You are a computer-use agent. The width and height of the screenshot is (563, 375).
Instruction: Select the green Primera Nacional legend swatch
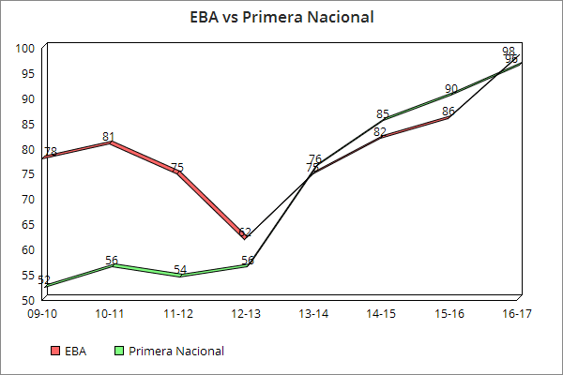tap(118, 352)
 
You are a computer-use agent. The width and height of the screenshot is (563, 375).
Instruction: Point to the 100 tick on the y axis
tap(26, 48)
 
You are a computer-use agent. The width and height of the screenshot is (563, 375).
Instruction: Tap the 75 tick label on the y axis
tap(28, 174)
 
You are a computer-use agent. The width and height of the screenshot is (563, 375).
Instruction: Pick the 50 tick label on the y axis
tap(28, 300)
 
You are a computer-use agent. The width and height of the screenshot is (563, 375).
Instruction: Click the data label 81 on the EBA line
tap(111, 135)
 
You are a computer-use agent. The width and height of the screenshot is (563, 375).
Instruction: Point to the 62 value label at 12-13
tap(245, 232)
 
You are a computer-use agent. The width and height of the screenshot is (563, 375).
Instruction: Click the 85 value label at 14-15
tap(383, 114)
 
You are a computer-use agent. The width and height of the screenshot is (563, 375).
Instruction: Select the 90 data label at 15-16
tap(451, 89)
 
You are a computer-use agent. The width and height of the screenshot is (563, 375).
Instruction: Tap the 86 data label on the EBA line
tap(449, 111)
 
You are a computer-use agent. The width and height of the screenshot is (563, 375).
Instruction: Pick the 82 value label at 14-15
tap(379, 132)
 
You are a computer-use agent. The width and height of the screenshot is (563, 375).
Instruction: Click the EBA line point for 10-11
tap(111, 143)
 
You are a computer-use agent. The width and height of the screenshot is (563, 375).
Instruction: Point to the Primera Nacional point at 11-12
tap(178, 276)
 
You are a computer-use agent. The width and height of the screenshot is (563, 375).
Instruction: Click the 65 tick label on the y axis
tap(28, 225)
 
